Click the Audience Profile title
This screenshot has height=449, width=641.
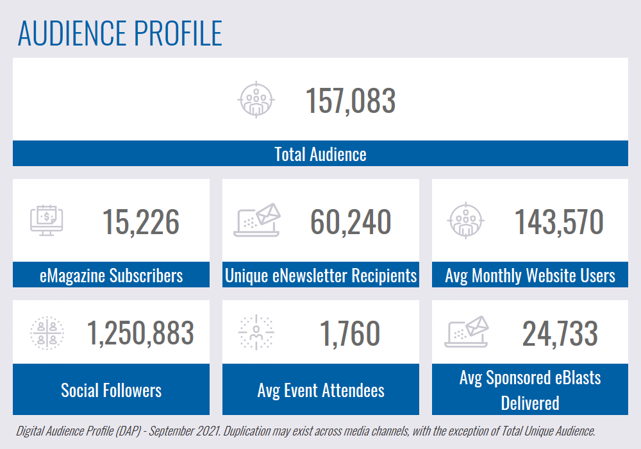tap(120, 33)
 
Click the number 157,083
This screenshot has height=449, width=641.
tap(350, 101)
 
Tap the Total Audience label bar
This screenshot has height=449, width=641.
tap(320, 154)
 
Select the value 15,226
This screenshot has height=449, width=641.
tap(141, 222)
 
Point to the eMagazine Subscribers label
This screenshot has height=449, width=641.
tap(111, 276)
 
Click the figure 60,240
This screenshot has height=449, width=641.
tap(351, 222)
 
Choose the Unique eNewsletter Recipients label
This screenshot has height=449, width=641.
tap(320, 276)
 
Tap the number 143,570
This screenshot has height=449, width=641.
tap(559, 222)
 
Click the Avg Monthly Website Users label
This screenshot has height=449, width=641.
tap(530, 276)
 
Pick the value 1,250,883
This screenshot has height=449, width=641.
tap(140, 333)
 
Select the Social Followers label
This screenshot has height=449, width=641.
tap(111, 390)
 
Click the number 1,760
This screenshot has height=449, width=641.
tap(350, 333)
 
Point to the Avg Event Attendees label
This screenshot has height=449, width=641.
tap(320, 390)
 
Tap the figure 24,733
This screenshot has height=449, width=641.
tap(560, 333)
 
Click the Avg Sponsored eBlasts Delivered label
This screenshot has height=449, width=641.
tap(530, 390)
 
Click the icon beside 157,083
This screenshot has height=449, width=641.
tap(256, 100)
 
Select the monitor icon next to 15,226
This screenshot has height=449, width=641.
tap(47, 220)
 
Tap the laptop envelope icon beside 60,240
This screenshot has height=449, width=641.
tap(257, 220)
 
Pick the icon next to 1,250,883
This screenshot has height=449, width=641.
tap(47, 333)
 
